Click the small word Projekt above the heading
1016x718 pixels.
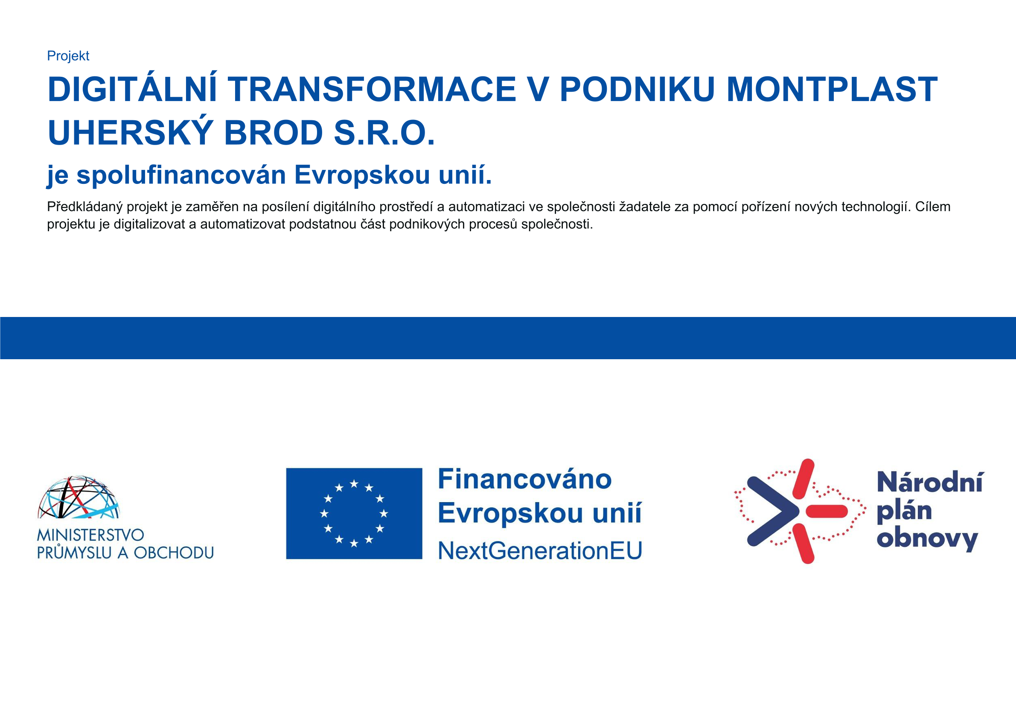click(x=68, y=56)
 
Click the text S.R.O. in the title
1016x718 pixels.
click(x=384, y=133)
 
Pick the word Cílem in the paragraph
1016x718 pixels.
click(x=933, y=206)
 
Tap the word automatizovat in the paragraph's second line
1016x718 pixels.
click(x=243, y=224)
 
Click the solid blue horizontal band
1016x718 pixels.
click(x=508, y=338)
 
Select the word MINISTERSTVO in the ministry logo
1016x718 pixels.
click(x=91, y=535)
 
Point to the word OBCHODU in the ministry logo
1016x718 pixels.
click(x=174, y=553)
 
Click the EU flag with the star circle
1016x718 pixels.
click(x=354, y=514)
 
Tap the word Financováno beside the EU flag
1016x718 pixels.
click(x=525, y=479)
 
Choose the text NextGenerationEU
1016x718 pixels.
click(x=540, y=551)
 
